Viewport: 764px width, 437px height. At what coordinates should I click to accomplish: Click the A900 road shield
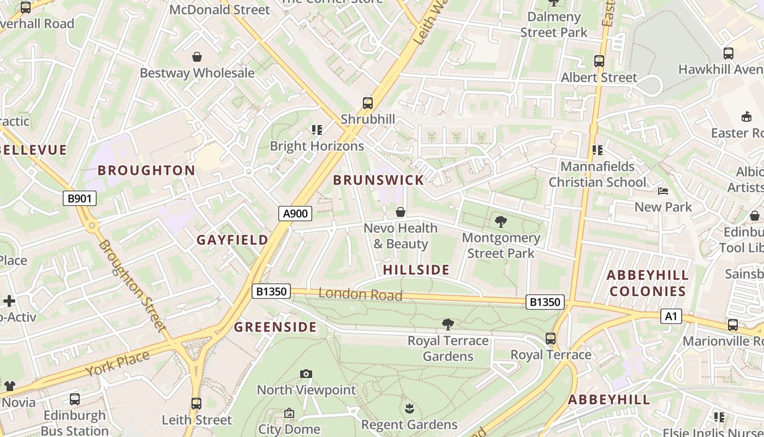click(296, 214)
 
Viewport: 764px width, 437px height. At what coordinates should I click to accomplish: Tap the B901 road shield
click(80, 198)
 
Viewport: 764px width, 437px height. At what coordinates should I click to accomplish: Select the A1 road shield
click(671, 316)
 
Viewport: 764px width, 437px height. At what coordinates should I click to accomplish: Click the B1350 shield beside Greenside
click(271, 291)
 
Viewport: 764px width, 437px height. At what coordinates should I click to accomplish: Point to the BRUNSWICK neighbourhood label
click(378, 180)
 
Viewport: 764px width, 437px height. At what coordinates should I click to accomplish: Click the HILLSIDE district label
click(416, 270)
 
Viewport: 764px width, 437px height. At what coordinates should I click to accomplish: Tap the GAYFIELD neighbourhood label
click(232, 240)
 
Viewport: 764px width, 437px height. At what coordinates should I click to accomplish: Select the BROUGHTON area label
click(146, 170)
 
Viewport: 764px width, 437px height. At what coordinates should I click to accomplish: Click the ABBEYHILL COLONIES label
click(647, 283)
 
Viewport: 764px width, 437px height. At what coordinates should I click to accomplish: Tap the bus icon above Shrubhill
click(368, 103)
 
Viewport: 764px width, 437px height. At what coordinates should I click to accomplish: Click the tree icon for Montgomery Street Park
click(500, 222)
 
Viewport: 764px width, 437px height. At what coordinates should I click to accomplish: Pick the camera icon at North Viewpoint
click(306, 374)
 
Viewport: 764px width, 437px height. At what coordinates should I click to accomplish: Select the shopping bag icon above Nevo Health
click(401, 212)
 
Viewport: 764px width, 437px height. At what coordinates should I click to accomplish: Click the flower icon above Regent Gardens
click(409, 408)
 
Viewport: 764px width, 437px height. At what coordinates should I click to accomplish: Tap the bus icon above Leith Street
click(196, 404)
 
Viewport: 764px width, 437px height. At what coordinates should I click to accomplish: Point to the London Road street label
click(360, 294)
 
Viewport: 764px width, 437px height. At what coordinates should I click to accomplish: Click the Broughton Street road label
click(132, 285)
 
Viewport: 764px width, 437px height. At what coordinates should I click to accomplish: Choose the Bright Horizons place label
click(317, 146)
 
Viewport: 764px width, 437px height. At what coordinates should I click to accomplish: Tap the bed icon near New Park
click(663, 191)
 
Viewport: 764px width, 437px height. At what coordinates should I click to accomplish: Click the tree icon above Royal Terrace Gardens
click(448, 324)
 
